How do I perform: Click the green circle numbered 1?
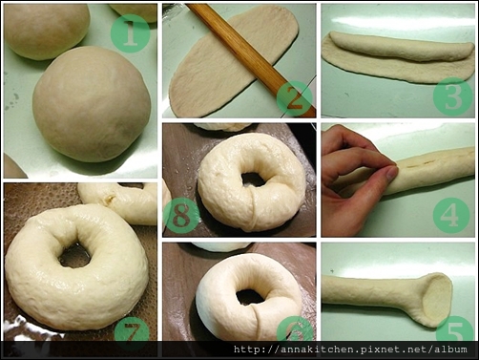tap(131, 33)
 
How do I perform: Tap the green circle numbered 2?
tap(295, 99)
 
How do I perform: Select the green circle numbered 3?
tap(453, 96)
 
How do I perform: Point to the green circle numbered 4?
tap(451, 216)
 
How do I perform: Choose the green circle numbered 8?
tap(181, 215)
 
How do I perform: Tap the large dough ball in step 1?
tap(92, 104)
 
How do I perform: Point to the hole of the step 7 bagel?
tap(74, 255)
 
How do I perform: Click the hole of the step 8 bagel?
tap(253, 180)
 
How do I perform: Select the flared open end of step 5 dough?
tap(437, 299)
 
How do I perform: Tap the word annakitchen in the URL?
tap(320, 349)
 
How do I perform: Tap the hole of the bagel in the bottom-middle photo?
tap(251, 297)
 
